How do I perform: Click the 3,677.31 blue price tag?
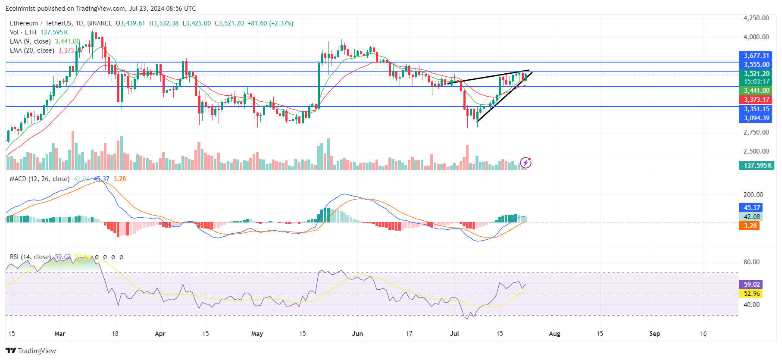coord(756,56)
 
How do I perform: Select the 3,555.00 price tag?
coord(756,65)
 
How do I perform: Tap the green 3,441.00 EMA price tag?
coord(756,91)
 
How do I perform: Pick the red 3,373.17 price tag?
coord(756,100)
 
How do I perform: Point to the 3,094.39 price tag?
coord(756,118)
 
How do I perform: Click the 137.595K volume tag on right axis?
coord(757,166)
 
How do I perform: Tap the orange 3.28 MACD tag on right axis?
coord(750,226)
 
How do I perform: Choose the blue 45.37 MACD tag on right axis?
coord(751,208)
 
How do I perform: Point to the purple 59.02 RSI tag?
coord(751,285)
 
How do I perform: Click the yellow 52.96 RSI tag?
coord(751,294)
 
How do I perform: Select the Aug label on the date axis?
coord(554,334)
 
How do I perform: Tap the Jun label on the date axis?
coord(357,334)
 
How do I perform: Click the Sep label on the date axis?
coord(654,334)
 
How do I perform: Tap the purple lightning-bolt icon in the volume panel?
coord(526,163)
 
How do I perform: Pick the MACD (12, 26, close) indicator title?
coord(40,179)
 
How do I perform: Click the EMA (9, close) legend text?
coord(30,41)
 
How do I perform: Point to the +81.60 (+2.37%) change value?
coord(270,23)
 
